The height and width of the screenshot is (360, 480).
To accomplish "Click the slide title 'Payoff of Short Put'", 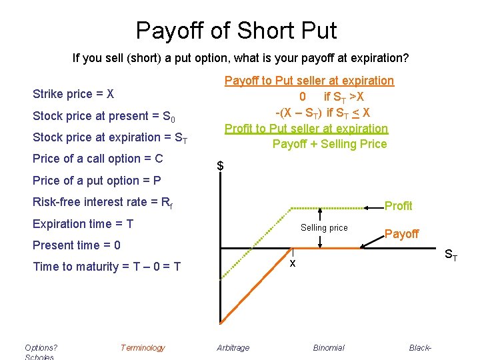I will pos(237,31).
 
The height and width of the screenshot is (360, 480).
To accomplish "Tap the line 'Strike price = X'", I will pos(73,94).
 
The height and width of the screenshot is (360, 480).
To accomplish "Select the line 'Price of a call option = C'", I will pos(98,159).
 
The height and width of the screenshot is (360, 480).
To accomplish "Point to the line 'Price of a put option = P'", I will pos(97,180).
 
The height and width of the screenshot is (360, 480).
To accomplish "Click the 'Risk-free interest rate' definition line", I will pos(103,202).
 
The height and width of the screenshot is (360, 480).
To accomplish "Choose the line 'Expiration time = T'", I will pos(83,223).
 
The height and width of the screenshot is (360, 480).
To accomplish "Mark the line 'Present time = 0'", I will pos(77,245).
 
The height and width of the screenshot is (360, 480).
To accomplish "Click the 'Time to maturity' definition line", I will pos(107,267).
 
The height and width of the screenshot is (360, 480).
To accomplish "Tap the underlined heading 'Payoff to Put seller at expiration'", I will pos(309,81).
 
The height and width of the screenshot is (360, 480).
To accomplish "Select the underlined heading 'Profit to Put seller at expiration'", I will pos(306,128).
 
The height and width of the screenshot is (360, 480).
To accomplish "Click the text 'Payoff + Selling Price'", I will pos(329,144).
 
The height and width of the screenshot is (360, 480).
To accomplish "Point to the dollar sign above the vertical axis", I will pos(220,166).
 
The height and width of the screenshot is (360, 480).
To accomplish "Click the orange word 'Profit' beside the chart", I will pos(399,206).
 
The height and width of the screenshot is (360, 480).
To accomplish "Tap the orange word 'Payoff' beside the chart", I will pos(402,233).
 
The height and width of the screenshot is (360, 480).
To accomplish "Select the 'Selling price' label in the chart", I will pos(324,228).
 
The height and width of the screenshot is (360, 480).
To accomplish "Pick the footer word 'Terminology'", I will pos(143,347).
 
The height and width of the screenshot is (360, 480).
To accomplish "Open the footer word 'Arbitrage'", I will pos(233,347).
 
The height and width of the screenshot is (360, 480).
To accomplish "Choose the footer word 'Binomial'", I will pos(329,347).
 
